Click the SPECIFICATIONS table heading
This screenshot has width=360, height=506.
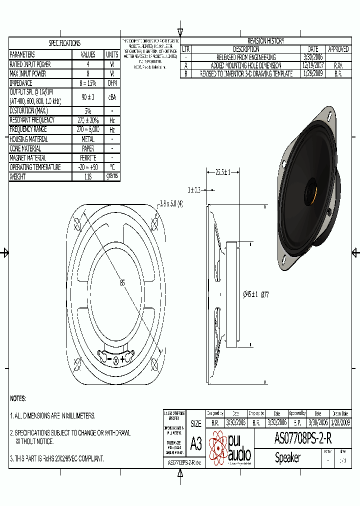tap(64, 43)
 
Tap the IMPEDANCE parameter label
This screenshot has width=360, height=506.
tap(21, 83)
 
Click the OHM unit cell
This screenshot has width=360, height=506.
tap(112, 83)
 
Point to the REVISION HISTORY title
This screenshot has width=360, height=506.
tap(265, 41)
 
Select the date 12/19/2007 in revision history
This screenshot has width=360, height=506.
tap(313, 65)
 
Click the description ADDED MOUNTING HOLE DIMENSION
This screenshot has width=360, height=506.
tap(246, 65)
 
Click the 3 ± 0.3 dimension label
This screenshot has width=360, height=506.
tap(194, 190)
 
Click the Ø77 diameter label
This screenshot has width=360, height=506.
tap(265, 294)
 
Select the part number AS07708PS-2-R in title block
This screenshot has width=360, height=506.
tap(302, 439)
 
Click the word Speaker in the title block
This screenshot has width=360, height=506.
tap(287, 457)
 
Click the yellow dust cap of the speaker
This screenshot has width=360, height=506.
tap(310, 190)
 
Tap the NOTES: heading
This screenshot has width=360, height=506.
tap(18, 398)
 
